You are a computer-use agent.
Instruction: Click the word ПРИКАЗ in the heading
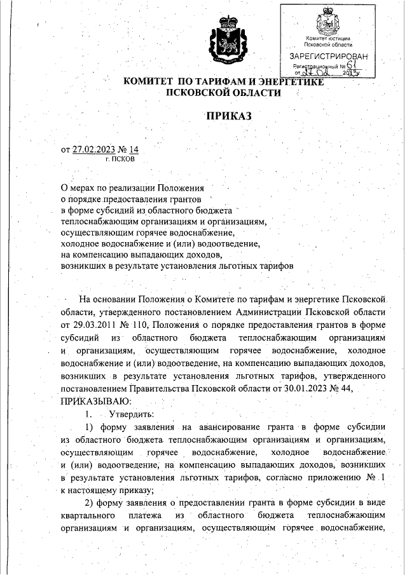click(228, 116)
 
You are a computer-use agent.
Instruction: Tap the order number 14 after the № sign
click(132, 150)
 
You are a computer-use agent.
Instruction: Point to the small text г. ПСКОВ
click(120, 159)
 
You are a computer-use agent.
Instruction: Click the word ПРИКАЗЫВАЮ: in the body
click(95, 401)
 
